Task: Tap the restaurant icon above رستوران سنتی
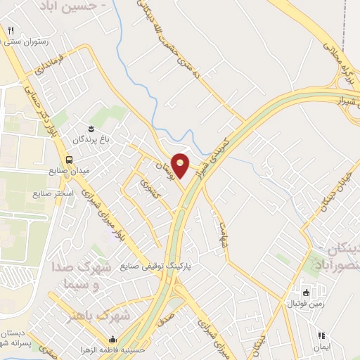[x=11, y=30]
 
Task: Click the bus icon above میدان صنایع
[x=69, y=159]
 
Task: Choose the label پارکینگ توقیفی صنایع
[x=155, y=267]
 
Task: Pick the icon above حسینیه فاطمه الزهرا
[x=113, y=339]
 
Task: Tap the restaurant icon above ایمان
[x=322, y=336]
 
